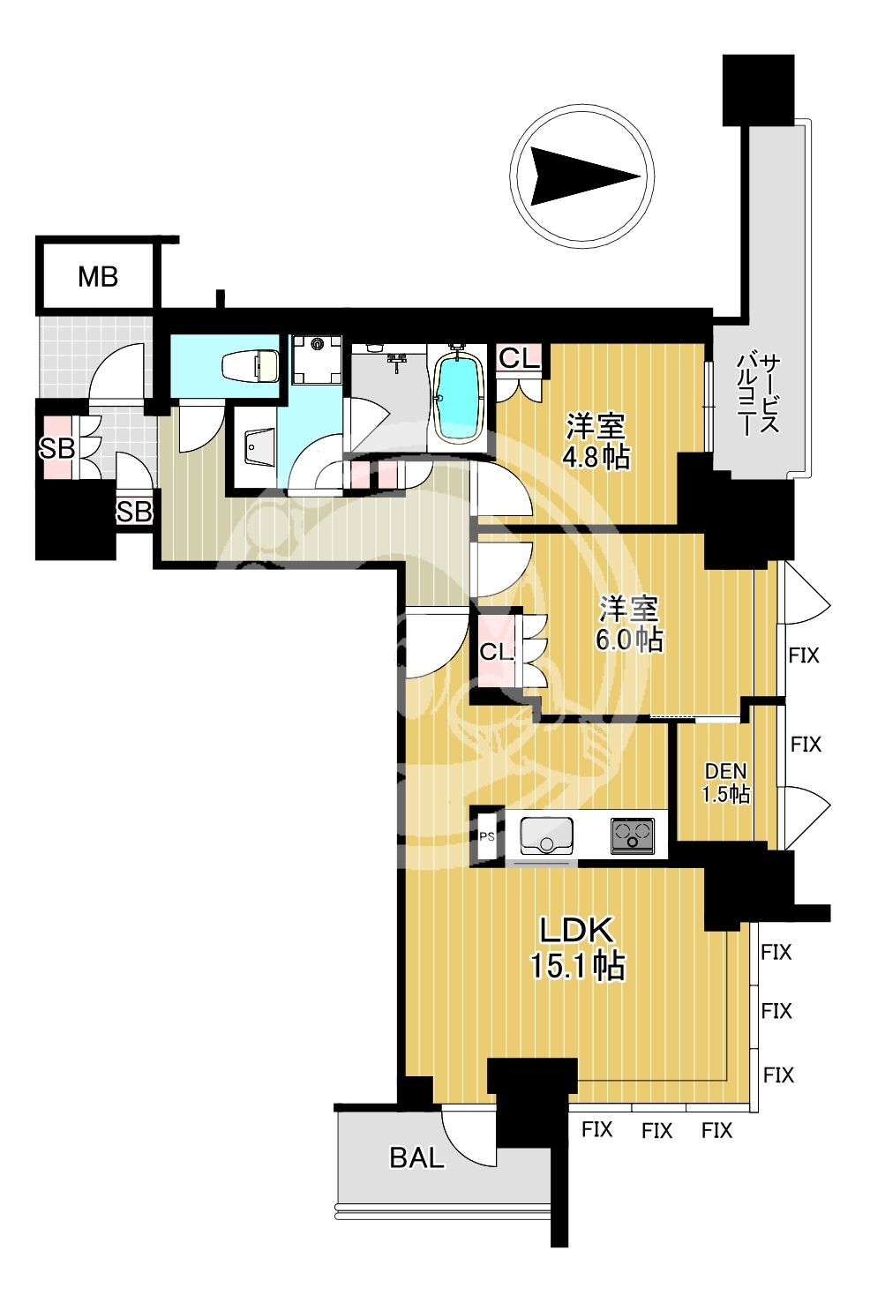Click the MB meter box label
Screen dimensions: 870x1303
coord(98,277)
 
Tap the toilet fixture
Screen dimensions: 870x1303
coord(250,365)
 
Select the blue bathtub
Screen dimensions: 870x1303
coord(461,398)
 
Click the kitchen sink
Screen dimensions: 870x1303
coord(546,835)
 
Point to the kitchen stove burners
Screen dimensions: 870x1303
coord(632,835)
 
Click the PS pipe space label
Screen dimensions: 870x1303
coord(487,836)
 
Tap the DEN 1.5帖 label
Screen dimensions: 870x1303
coord(725,783)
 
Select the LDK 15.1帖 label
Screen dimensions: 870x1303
coord(577,948)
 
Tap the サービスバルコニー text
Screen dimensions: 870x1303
coord(758,395)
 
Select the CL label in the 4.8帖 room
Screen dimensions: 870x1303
coord(519,359)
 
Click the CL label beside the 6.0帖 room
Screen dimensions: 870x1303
coord(495,653)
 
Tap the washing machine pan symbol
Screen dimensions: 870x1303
coord(317,359)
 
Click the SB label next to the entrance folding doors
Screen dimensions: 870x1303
coord(56,448)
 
